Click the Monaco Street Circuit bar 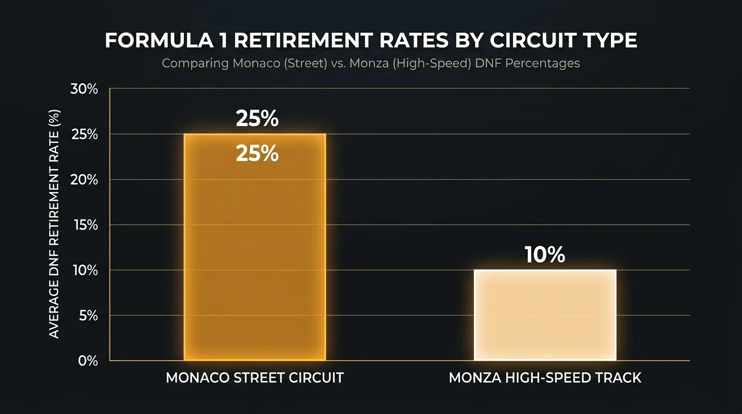coord(255,247)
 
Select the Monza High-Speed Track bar coord(545,315)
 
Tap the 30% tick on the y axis coord(84,89)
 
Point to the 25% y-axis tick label coord(85,134)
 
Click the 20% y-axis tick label coord(84,180)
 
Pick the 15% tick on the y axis coord(86,225)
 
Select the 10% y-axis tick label coord(85,271)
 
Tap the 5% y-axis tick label coord(88,316)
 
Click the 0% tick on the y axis coord(88,361)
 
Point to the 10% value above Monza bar coord(545,254)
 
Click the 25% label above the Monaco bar coord(257,118)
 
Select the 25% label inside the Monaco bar coord(257,154)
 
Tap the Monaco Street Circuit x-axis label coord(255,378)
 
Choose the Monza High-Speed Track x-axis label coord(545,378)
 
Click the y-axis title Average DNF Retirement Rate coord(54,224)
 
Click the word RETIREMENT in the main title coord(304,40)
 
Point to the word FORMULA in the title coord(159,40)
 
